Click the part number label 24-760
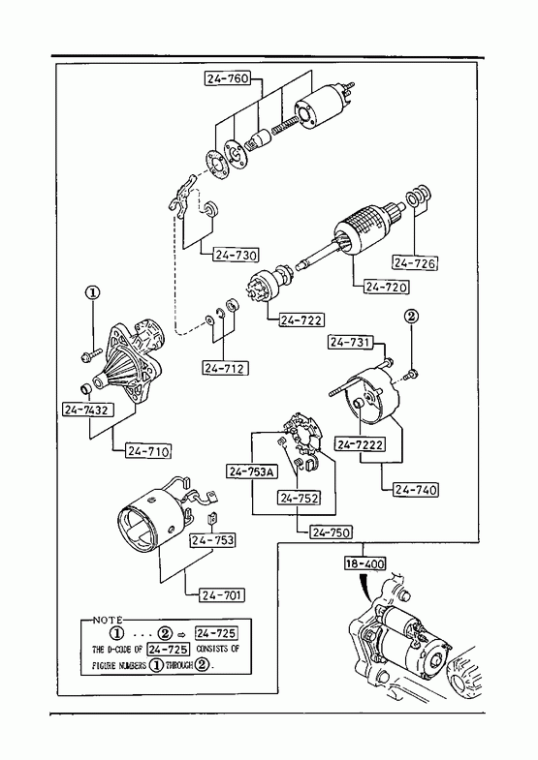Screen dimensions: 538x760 point(228,78)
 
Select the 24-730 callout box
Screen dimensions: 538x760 point(236,255)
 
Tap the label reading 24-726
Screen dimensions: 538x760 point(414,262)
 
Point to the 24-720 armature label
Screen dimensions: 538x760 point(386,287)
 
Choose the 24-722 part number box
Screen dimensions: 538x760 point(301,319)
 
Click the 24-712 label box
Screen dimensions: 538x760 point(224,368)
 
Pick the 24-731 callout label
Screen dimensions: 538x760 point(350,342)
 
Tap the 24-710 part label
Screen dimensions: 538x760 point(148,451)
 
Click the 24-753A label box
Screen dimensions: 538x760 point(252,471)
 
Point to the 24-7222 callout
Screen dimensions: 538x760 point(360,444)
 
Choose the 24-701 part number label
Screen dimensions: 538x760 point(222,594)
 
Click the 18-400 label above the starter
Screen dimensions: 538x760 point(365,563)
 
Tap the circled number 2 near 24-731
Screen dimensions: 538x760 point(411,317)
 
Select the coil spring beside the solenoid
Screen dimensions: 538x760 point(282,127)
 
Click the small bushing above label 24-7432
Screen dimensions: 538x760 point(86,388)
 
